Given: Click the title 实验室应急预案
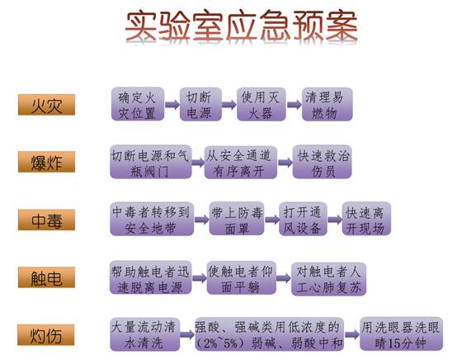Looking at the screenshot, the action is tap(242, 26).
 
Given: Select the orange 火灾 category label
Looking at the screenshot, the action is tap(47, 104).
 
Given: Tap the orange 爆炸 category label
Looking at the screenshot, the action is tap(47, 162).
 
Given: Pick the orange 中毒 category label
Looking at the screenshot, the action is tap(47, 220).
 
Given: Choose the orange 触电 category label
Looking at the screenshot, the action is tap(47, 277).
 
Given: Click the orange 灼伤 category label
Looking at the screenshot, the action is tap(46, 334).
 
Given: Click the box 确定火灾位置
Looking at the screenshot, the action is tap(138, 104).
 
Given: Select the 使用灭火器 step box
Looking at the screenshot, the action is tap(261, 104).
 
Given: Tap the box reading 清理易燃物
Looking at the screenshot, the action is tap(327, 104).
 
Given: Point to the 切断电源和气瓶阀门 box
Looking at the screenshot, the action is tap(151, 162).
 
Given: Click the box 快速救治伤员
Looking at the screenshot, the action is tap(322, 162).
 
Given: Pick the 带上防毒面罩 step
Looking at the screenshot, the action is tap(237, 219).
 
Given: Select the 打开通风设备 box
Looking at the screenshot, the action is tap(303, 219).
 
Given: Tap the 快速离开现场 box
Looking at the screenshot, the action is tap(366, 219).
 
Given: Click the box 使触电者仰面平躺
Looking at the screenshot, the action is tap(242, 277).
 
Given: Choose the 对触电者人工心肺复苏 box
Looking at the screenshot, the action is tap(329, 278).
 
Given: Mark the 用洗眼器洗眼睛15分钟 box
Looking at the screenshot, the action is tap(402, 334).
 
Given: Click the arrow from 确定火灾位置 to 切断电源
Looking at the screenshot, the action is tap(172, 104).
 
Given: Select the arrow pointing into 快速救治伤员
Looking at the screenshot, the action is tap(285, 162).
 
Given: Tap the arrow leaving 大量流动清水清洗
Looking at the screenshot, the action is tap(187, 334).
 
